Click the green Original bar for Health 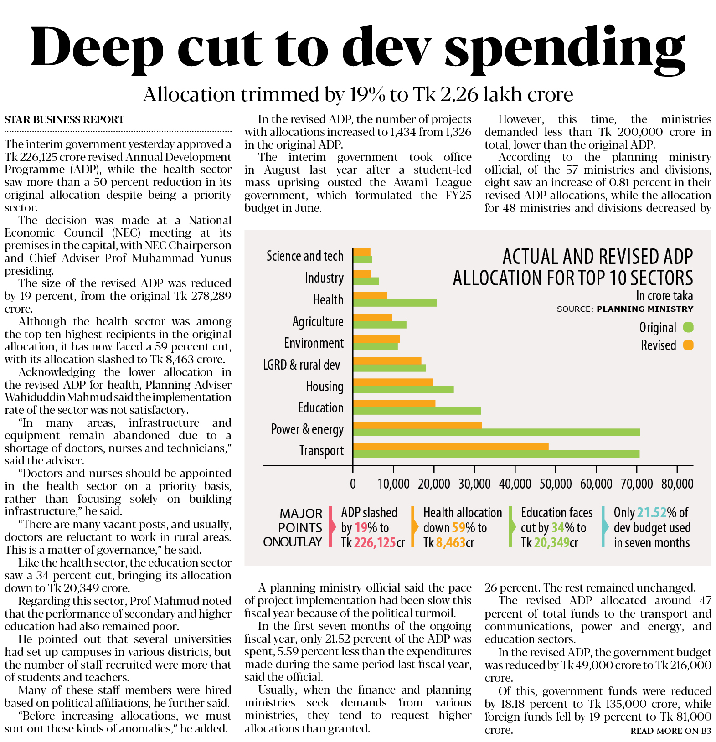click(x=395, y=303)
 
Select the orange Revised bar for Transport click(x=450, y=446)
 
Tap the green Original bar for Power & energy click(x=496, y=432)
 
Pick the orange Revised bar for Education click(x=394, y=403)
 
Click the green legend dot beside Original click(x=688, y=327)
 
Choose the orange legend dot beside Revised click(x=688, y=345)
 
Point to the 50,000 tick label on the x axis click(x=556, y=484)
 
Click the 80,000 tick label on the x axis click(x=677, y=484)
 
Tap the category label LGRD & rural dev click(x=301, y=365)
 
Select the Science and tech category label click(x=304, y=256)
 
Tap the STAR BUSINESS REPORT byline click(x=64, y=120)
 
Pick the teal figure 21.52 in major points click(x=651, y=513)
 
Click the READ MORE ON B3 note click(x=670, y=731)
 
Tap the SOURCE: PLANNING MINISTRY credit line click(x=625, y=309)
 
